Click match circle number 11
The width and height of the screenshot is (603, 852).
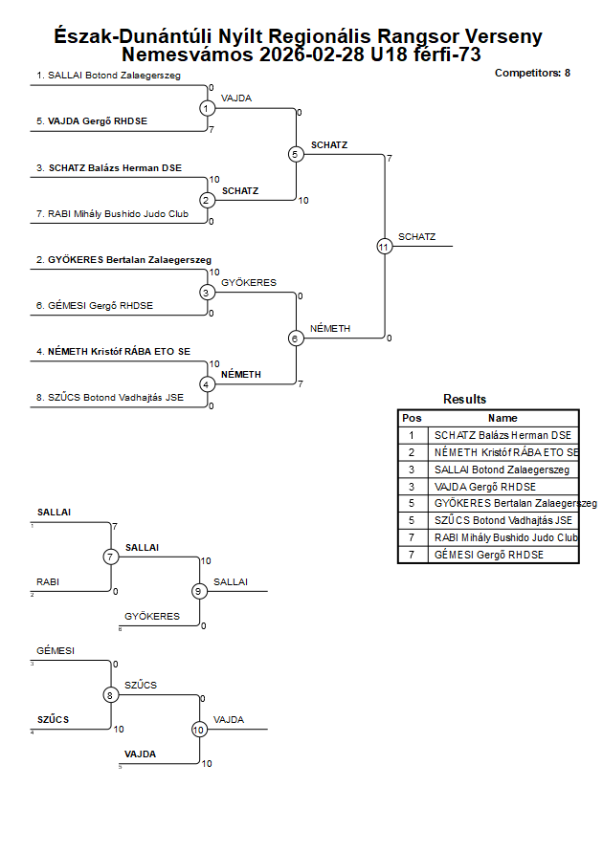pos(385,246)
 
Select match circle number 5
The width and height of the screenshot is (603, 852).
pos(296,154)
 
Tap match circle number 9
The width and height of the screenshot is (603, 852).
pos(199,591)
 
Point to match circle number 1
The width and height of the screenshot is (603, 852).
pos(208,108)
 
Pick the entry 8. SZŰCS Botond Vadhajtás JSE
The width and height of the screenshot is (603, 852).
pos(110,398)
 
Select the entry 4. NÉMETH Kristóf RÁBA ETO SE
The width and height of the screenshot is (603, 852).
pos(113,352)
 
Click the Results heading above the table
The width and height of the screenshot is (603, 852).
pos(464,400)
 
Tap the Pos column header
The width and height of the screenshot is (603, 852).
pos(412,418)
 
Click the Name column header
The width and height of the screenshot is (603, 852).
pos(502,418)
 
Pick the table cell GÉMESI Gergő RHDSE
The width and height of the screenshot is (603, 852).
pos(488,556)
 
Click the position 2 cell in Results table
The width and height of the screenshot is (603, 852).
pos(412,452)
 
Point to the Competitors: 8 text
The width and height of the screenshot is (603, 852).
pos(532,73)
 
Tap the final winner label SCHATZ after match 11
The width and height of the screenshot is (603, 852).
pos(417,237)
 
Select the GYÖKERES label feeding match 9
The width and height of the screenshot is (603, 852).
pos(151,617)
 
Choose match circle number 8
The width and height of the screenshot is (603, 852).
pos(110,695)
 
